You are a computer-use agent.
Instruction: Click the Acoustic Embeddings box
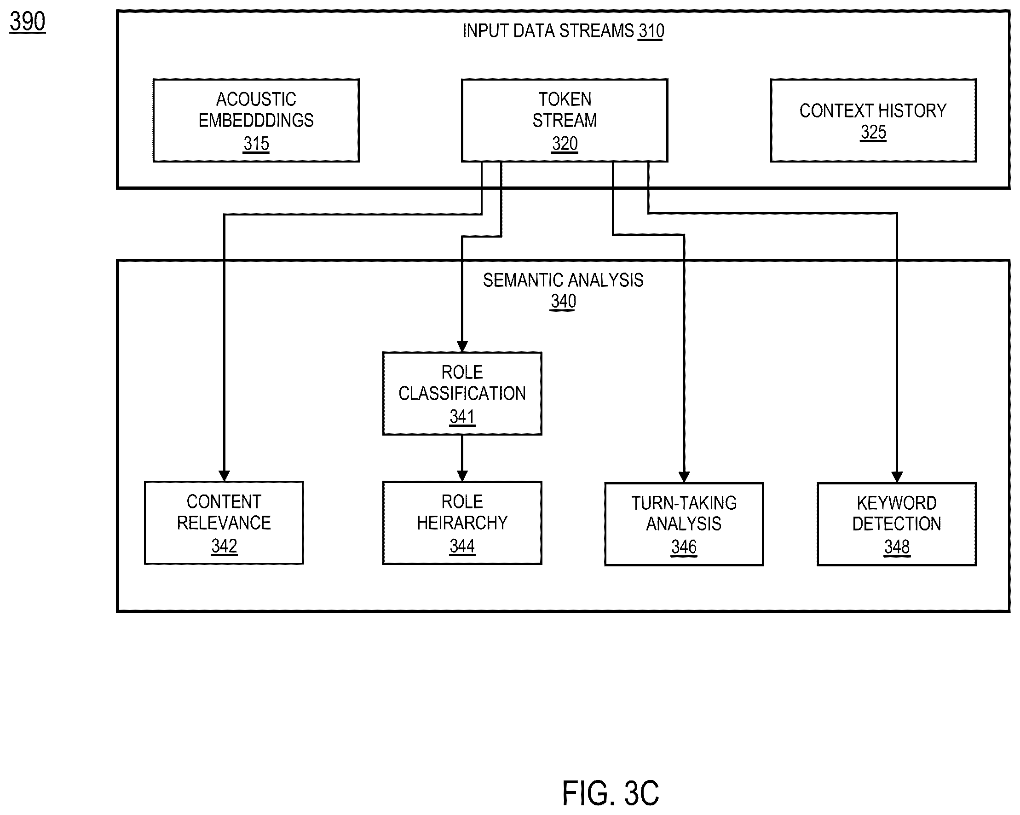(x=256, y=120)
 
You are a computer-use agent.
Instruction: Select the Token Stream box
(x=565, y=120)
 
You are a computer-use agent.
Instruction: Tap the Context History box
(x=873, y=120)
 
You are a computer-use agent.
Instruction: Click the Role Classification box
(x=462, y=394)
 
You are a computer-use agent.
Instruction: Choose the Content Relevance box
(x=224, y=523)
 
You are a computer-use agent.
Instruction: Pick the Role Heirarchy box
(x=462, y=523)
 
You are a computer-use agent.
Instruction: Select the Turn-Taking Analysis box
(x=684, y=524)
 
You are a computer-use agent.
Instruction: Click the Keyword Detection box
(x=897, y=524)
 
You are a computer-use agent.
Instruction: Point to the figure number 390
(x=28, y=22)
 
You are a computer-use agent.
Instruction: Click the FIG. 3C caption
(x=610, y=793)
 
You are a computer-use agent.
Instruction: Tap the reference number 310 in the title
(x=651, y=31)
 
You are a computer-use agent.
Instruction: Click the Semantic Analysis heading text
(x=563, y=280)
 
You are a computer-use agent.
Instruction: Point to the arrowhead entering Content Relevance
(x=224, y=476)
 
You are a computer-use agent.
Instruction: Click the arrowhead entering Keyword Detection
(x=897, y=477)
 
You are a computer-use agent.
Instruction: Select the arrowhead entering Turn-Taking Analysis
(x=684, y=477)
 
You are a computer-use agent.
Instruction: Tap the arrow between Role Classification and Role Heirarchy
(x=462, y=459)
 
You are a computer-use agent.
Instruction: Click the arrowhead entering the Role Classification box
(x=462, y=347)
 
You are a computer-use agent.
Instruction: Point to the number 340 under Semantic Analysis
(x=563, y=302)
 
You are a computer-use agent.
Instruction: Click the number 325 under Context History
(x=873, y=132)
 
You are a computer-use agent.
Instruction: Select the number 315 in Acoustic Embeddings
(x=256, y=144)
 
